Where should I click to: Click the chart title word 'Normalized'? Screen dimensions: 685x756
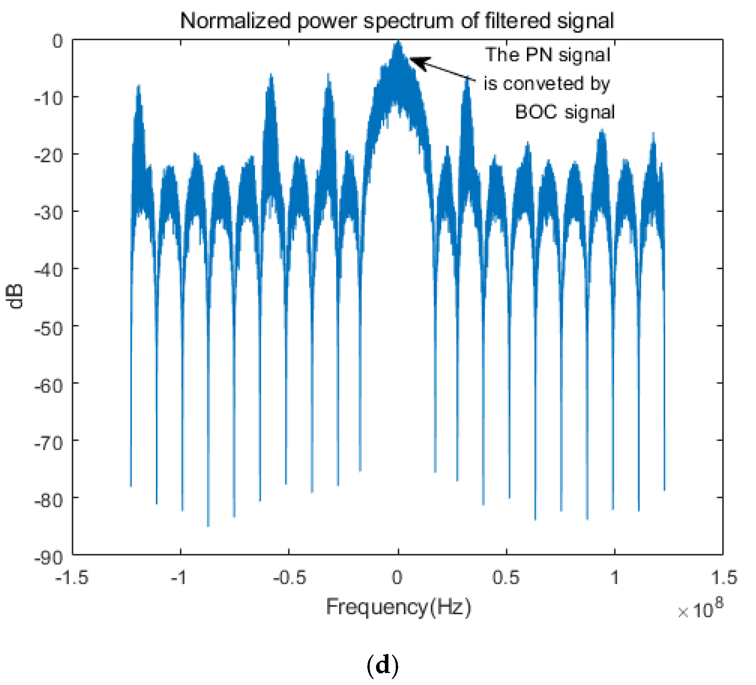235,21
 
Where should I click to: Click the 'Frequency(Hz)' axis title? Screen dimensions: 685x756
398,607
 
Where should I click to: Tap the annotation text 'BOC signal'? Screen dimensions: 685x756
565,112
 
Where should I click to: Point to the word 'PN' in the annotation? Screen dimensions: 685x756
539,55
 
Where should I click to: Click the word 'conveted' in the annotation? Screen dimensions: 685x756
543,84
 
